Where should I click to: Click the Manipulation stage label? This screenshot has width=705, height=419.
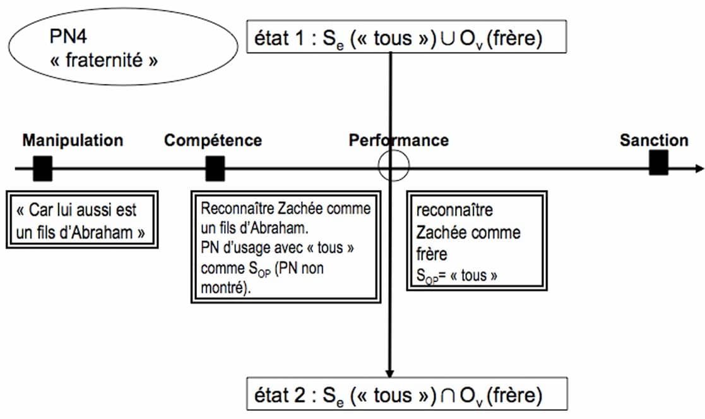73,140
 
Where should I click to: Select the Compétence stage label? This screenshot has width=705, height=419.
213,140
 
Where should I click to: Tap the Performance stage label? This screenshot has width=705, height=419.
398,140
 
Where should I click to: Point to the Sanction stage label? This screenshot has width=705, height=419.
653,140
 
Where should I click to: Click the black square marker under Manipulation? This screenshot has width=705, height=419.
42,168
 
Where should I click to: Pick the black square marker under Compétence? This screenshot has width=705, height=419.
215,168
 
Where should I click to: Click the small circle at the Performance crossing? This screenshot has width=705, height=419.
393,167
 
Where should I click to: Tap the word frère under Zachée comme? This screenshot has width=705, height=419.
432,254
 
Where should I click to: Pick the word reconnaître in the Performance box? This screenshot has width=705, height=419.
454,209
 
